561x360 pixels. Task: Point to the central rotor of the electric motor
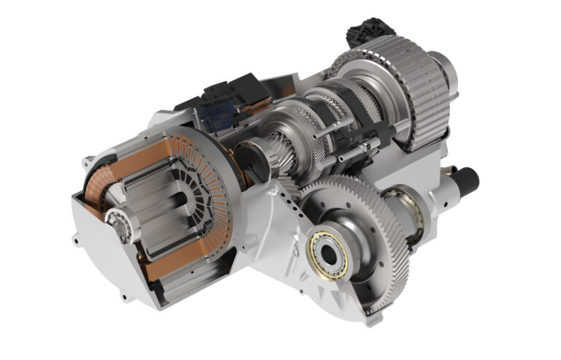pyautogui.click(x=157, y=212)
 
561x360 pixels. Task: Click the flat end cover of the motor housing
pyautogui.click(x=102, y=263)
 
